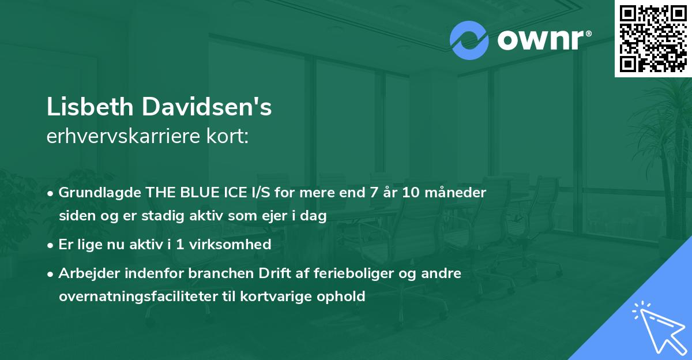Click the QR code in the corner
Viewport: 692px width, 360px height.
(x=653, y=38)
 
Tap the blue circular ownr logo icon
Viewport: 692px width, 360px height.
(x=469, y=40)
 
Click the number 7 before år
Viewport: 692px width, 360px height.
(x=373, y=192)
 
